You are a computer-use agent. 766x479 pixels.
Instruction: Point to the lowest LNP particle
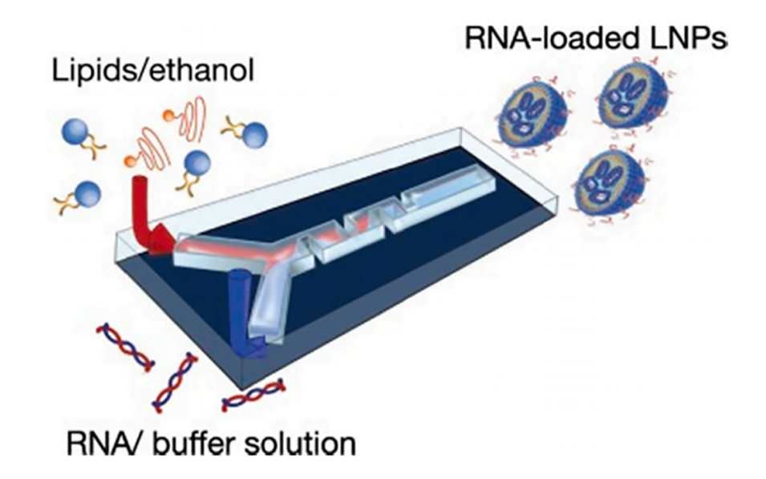coord(610,181)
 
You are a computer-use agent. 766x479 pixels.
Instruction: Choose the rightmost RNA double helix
coord(253,394)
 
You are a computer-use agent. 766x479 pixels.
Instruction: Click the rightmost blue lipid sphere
coord(255,136)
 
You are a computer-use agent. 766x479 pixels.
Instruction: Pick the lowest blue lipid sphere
coord(87,193)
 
